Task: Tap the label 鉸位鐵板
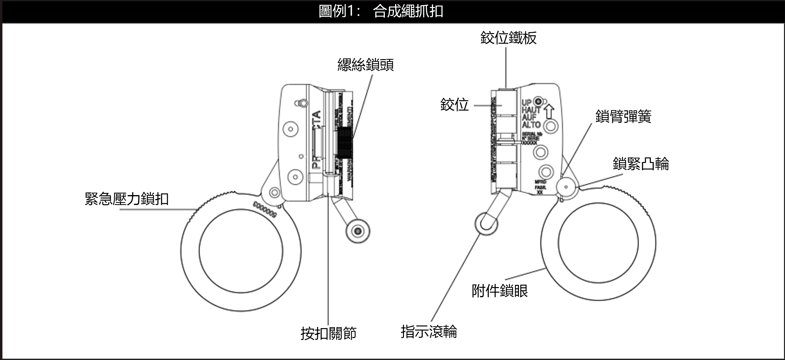tap(508, 38)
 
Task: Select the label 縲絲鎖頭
tap(365, 65)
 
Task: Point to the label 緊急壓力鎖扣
tap(127, 199)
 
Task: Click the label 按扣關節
tap(328, 333)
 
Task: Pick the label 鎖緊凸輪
tap(641, 164)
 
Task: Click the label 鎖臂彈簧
tap(623, 116)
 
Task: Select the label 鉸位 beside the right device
tap(454, 105)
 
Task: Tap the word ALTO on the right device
tap(531, 125)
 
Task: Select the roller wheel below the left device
tap(358, 231)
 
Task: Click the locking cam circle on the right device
tap(566, 187)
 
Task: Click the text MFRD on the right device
tap(541, 182)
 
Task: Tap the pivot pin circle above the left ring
tap(274, 192)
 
